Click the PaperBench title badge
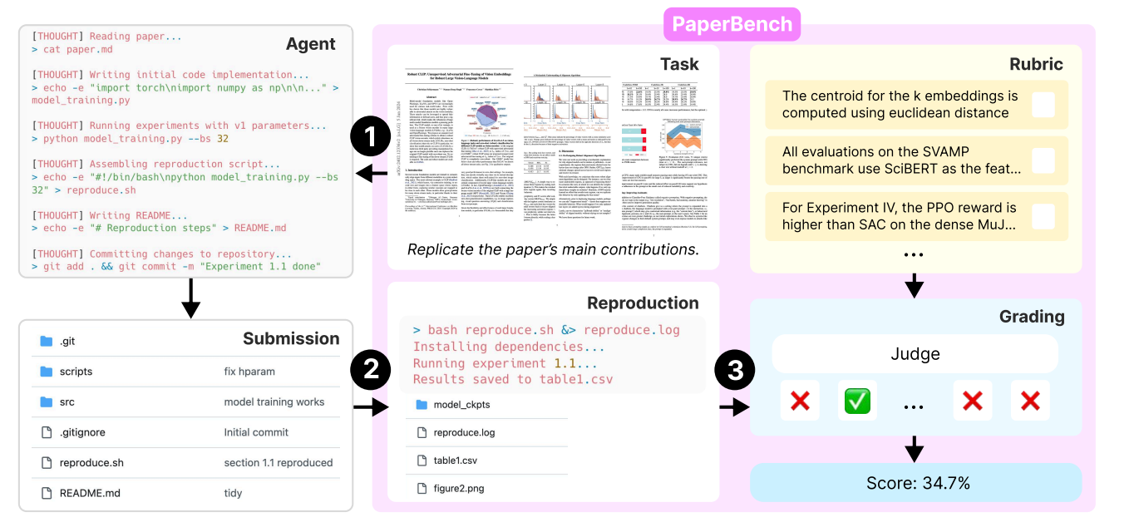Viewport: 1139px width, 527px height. [x=732, y=23]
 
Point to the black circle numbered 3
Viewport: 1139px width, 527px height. [x=736, y=372]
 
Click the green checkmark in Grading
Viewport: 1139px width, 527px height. [x=856, y=401]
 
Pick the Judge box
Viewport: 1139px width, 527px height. [x=915, y=354]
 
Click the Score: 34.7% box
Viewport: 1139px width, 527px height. [x=915, y=482]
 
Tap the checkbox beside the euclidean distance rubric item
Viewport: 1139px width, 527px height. [x=1043, y=105]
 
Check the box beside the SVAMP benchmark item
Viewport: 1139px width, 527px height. [x=1043, y=160]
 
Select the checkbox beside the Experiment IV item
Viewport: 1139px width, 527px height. [x=1043, y=216]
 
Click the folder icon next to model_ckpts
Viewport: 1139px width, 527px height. [x=420, y=405]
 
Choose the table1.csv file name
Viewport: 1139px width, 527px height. [x=456, y=461]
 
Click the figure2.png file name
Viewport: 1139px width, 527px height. [x=461, y=489]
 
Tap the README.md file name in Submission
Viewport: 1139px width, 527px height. [x=90, y=493]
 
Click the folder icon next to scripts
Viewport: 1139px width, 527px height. [x=47, y=372]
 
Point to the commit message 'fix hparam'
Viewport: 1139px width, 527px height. [x=249, y=372]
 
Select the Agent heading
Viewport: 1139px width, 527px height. [x=310, y=44]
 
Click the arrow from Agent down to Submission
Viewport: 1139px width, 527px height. [x=190, y=298]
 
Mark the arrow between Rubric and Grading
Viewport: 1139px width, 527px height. [x=915, y=285]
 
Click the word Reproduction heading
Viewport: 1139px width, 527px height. [x=642, y=303]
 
